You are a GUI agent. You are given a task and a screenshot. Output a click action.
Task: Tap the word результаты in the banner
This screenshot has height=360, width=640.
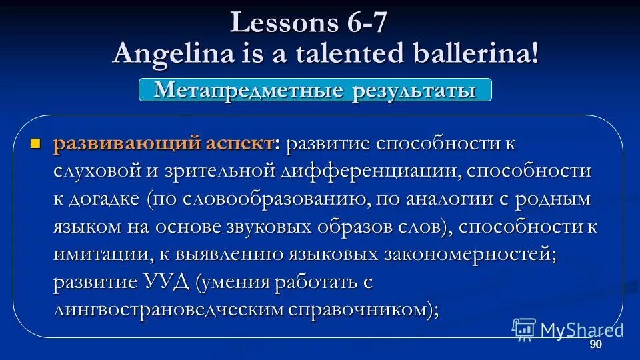coord(411,90)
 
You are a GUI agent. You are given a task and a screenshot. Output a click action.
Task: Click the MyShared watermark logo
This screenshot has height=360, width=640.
coord(567,329)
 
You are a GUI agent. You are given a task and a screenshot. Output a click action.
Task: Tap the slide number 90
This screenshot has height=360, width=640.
coord(595,344)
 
